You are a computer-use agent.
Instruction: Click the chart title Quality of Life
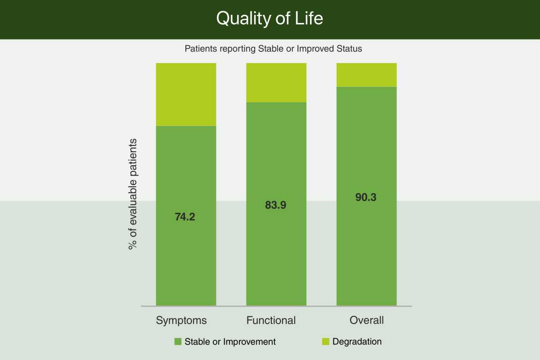[x=270, y=18]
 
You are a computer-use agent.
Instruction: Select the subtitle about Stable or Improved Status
[x=274, y=49]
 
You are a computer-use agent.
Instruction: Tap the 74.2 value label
[x=185, y=217]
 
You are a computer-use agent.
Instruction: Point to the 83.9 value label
[x=275, y=205]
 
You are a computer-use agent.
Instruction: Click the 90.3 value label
[x=366, y=197]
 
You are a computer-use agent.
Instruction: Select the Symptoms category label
[x=181, y=321]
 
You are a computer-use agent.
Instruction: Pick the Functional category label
[x=271, y=320]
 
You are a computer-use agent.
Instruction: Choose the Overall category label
[x=366, y=320]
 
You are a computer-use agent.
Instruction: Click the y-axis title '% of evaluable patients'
[x=133, y=194]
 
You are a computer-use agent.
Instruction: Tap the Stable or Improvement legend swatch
[x=178, y=342]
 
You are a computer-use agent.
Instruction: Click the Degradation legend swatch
[x=326, y=342]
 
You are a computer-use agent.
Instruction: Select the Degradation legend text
[x=357, y=342]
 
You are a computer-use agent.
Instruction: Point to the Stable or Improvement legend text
[x=230, y=342]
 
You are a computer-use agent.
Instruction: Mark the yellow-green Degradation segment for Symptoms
[x=186, y=94]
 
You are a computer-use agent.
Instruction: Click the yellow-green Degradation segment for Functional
[x=276, y=83]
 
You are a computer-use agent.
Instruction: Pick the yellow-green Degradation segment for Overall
[x=367, y=75]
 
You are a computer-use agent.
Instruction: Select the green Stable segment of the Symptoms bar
[x=186, y=216]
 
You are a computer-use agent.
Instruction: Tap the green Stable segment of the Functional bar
[x=276, y=204]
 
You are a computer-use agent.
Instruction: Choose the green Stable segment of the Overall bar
[x=367, y=196]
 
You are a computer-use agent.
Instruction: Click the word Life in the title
[x=309, y=18]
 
